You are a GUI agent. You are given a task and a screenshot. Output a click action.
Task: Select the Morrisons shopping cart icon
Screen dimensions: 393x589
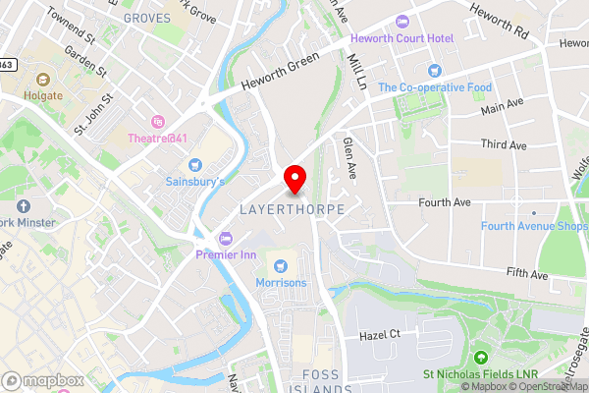click(x=282, y=265)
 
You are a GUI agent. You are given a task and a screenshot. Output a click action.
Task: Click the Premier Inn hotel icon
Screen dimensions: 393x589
click(x=226, y=237)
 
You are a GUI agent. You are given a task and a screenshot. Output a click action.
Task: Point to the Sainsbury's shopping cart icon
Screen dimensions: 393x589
click(x=194, y=164)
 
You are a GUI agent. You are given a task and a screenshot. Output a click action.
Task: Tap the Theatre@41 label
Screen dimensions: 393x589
click(x=157, y=139)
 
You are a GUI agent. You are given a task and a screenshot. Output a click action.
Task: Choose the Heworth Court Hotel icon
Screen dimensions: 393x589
click(x=400, y=22)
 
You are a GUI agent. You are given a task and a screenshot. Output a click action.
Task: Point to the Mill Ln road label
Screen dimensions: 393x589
click(x=357, y=72)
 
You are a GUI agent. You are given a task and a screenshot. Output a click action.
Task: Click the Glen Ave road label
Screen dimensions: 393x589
click(x=348, y=157)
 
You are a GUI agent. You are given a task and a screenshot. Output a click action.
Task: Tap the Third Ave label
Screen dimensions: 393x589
click(x=504, y=145)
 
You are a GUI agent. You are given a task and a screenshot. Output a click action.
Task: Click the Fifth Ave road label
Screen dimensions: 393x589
click(x=526, y=275)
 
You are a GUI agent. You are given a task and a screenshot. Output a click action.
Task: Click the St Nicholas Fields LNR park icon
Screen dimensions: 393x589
click(x=481, y=357)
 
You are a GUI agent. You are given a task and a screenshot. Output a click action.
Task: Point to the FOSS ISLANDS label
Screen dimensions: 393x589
click(x=327, y=382)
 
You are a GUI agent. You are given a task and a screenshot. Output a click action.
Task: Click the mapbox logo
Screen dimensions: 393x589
click(x=42, y=380)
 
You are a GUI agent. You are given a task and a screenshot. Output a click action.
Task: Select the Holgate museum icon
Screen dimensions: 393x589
click(x=42, y=79)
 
